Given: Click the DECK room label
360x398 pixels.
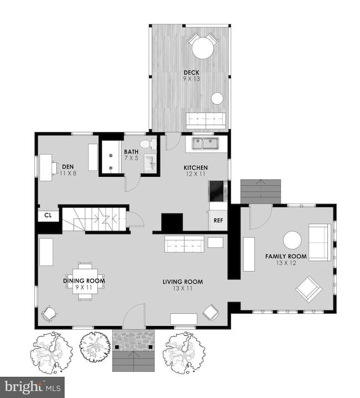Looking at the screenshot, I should click(x=192, y=73).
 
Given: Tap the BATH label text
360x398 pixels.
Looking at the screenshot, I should click(x=131, y=152).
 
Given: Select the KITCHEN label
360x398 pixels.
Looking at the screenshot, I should click(x=196, y=167).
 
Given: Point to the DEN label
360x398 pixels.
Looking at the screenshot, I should click(x=68, y=166).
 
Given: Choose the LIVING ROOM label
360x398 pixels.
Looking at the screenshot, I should click(x=182, y=282).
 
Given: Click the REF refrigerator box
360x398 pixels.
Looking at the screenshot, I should click(x=218, y=220).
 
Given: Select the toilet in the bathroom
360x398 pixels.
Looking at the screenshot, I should click(x=146, y=144).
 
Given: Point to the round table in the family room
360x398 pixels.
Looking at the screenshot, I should click(x=292, y=240).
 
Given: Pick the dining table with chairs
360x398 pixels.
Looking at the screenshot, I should click(x=85, y=281).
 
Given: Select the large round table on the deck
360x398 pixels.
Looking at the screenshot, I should click(x=203, y=48).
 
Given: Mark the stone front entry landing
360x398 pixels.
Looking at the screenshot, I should click(x=135, y=340).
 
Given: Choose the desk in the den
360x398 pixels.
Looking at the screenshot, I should click(x=45, y=167).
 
